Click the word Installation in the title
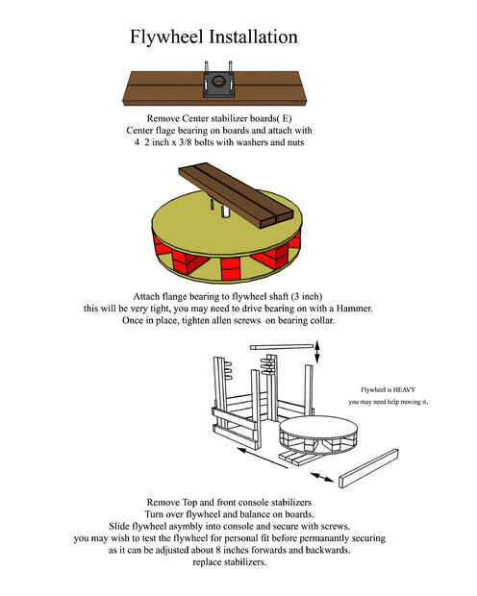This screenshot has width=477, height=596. click(x=253, y=37)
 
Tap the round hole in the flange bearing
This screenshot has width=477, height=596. click(x=218, y=81)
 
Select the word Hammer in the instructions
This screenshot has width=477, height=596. click(x=353, y=309)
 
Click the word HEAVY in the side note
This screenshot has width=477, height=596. click(x=404, y=389)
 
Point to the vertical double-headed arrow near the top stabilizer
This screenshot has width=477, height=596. click(x=317, y=353)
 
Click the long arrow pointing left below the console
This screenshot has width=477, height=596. click(x=263, y=458)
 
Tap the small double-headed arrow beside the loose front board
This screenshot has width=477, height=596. click(x=322, y=478)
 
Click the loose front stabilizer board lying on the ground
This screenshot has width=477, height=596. click(x=368, y=469)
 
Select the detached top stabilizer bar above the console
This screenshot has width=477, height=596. click(x=282, y=347)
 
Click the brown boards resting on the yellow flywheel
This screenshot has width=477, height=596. click(x=237, y=195)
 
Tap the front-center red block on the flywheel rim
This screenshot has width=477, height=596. click(x=231, y=269)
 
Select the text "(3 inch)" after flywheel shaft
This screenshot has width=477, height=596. click(x=307, y=296)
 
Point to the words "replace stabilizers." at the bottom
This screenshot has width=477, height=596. click(x=230, y=562)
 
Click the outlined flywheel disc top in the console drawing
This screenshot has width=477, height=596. click(x=318, y=427)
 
